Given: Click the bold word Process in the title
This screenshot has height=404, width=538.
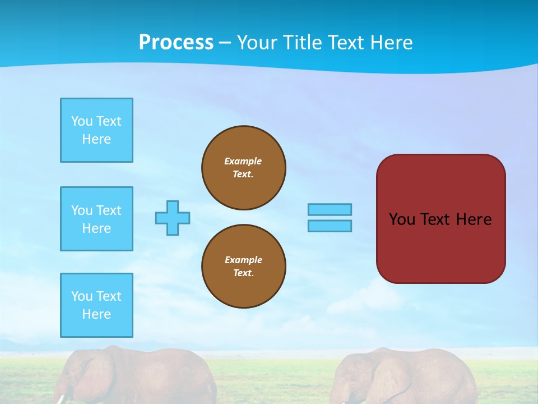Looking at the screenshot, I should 176,43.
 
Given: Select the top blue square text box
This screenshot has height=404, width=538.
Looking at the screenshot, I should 96,130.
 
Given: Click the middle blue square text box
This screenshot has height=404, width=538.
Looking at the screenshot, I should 96,219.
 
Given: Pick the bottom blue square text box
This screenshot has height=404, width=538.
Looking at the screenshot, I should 96,305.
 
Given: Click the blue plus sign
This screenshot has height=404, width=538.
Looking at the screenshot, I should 173,218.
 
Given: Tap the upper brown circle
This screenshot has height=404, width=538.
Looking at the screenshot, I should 243,168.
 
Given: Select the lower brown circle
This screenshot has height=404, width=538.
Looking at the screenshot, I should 243,267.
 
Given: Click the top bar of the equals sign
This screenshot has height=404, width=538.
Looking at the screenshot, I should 330,209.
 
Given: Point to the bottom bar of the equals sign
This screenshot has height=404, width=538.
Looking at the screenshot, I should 330,226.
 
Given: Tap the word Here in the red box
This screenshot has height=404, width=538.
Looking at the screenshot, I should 474,219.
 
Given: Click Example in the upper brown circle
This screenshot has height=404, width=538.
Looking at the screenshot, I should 243,161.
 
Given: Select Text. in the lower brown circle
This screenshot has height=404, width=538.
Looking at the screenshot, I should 243,273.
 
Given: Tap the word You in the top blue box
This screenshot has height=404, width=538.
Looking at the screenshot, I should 82,121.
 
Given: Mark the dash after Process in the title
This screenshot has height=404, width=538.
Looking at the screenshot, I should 225,43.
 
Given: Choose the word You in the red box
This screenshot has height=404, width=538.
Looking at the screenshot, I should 402,219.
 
